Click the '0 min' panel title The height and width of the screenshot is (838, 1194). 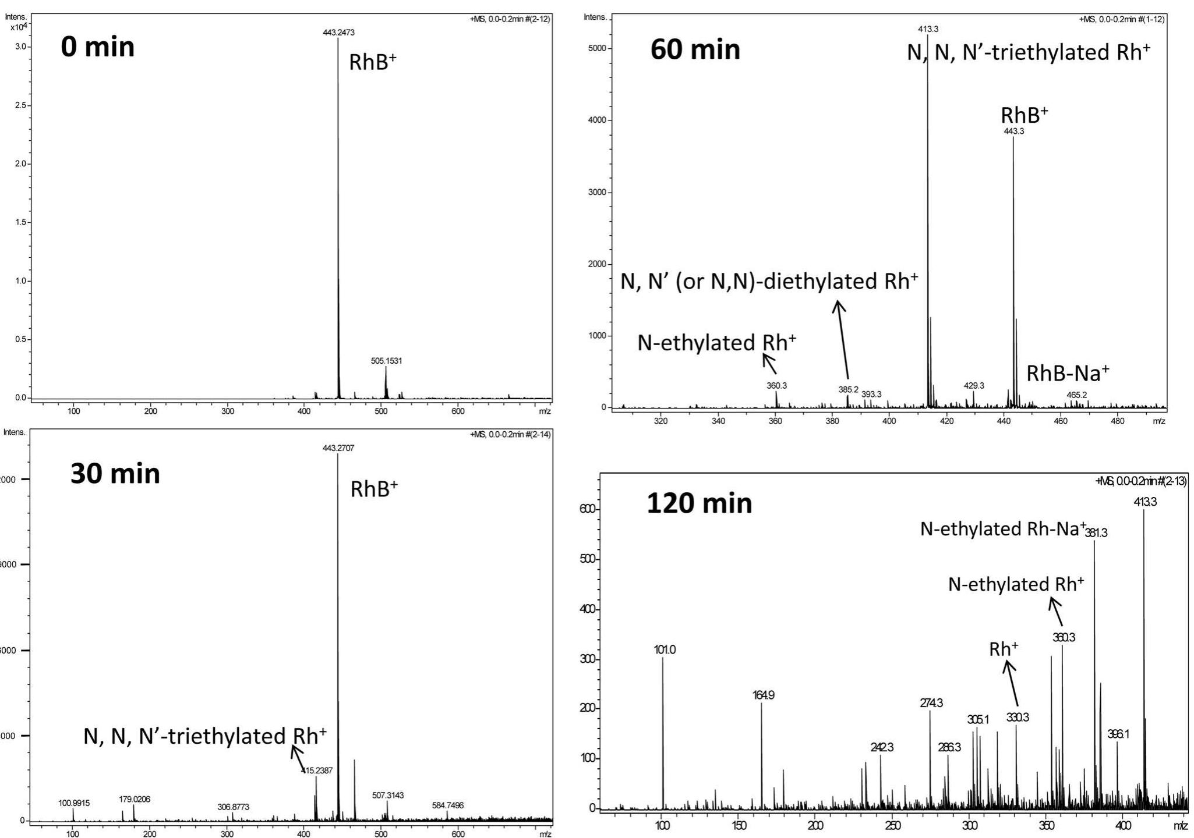point(97,47)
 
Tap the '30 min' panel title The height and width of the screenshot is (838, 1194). point(115,474)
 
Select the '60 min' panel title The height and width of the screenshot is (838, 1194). point(695,50)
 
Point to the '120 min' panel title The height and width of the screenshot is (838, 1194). point(699,503)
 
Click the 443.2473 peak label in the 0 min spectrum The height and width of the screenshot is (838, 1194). point(338,33)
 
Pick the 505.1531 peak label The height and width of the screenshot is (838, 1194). point(386,361)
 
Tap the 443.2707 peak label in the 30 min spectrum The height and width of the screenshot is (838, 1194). point(338,448)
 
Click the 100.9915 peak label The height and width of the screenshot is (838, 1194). point(74,803)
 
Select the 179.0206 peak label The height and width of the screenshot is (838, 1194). point(134,799)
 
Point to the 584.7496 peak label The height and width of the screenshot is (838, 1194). point(447,805)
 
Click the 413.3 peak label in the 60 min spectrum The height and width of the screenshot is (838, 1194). point(928,29)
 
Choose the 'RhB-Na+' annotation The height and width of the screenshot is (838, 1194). point(1067,373)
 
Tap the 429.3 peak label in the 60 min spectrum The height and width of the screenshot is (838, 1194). point(974,385)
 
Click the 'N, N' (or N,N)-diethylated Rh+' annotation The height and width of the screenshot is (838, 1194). point(769,282)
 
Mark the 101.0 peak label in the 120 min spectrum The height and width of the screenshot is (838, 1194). point(665,650)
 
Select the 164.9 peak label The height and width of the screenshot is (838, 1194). point(763,695)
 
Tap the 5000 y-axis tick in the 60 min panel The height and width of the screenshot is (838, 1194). point(596,48)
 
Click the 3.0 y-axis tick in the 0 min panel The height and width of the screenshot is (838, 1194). point(20,47)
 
